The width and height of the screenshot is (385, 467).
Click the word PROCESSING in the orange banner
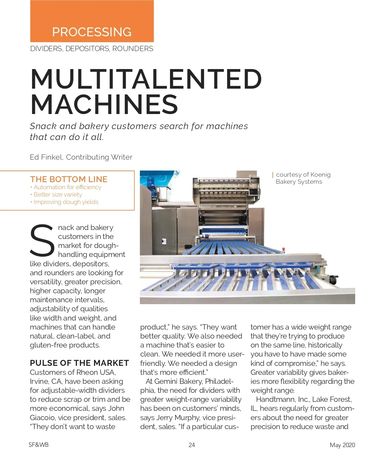pyautogui.click(x=92, y=32)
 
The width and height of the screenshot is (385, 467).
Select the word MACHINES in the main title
pyautogui.click(x=104, y=104)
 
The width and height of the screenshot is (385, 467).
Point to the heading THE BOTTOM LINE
pyautogui.click(x=69, y=179)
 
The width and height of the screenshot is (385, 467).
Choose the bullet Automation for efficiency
pyautogui.click(x=67, y=187)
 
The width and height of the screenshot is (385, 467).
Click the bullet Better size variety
pyautogui.click(x=58, y=195)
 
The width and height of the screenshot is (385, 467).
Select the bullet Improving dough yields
pyautogui.click(x=66, y=202)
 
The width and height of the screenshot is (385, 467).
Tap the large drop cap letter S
pyautogui.click(x=42, y=241)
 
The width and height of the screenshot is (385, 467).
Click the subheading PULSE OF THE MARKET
pyautogui.click(x=79, y=363)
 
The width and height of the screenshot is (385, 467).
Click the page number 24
pyautogui.click(x=192, y=445)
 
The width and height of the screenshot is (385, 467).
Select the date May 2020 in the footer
pyautogui.click(x=342, y=445)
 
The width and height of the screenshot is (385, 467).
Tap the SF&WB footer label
pyautogui.click(x=38, y=445)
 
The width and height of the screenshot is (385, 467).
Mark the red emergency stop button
pyautogui.click(x=283, y=249)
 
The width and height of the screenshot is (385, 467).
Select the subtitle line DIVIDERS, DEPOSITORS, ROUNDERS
pyautogui.click(x=92, y=49)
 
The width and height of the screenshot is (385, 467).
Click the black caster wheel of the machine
pyautogui.click(x=333, y=280)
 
